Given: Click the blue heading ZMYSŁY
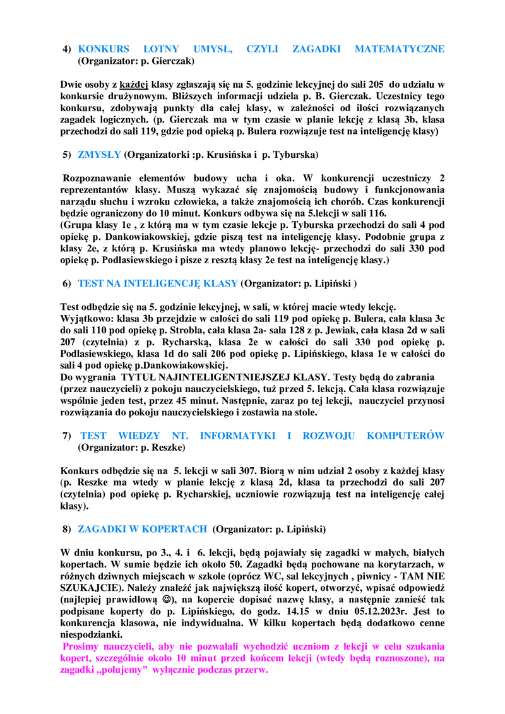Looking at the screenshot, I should (99, 154).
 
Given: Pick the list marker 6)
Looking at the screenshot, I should (66, 283).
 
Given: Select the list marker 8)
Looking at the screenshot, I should (66, 528).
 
